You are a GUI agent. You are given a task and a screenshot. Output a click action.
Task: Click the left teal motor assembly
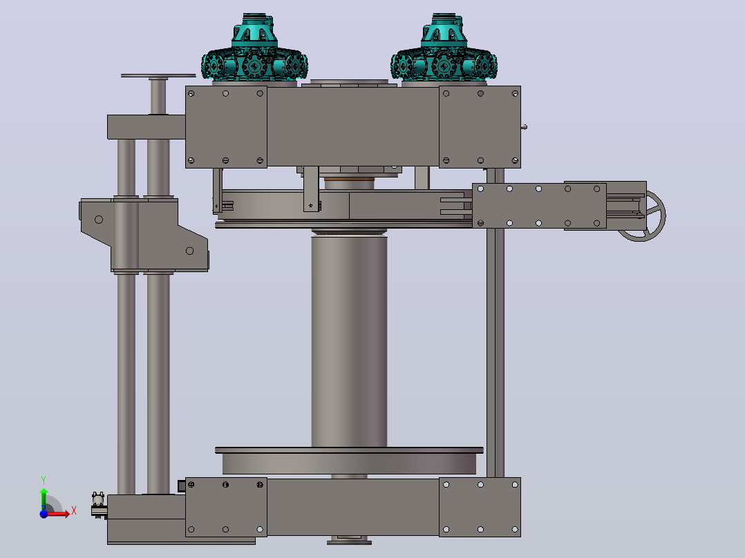pyautogui.click(x=254, y=49)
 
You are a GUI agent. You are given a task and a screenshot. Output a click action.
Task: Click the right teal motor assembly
pyautogui.click(x=444, y=49)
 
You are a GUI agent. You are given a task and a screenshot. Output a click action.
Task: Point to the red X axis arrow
pyautogui.click(x=59, y=513)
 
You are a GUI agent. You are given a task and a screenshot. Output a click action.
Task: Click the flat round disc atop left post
pyautogui.click(x=158, y=75)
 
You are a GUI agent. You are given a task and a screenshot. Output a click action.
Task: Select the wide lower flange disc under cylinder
pyautogui.click(x=349, y=461)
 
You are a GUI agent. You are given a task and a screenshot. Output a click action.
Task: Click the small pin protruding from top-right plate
pyautogui.click(x=524, y=127)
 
